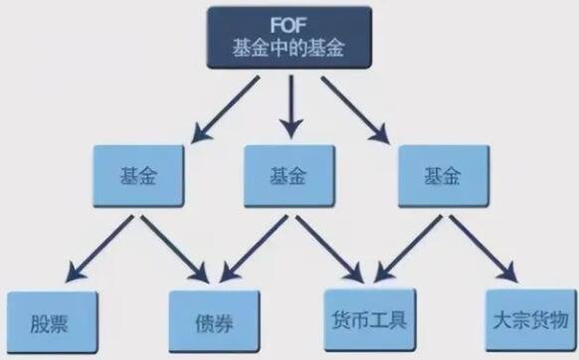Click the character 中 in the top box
click(x=278, y=49)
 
